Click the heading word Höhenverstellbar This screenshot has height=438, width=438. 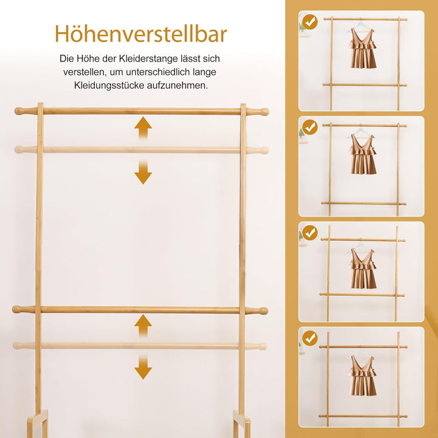141,34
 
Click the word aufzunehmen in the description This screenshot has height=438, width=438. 178,86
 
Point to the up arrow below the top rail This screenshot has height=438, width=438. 143,128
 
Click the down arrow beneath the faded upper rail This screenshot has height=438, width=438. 143,172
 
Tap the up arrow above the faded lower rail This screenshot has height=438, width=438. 143,325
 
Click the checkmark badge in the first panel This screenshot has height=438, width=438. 310,22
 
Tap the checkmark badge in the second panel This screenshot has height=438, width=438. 310,127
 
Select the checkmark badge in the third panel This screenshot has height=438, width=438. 310,232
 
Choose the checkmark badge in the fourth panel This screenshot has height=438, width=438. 310,338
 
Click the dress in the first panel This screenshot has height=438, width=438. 363,48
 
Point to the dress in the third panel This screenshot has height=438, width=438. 363,268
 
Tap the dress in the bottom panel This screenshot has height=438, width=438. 363,375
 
